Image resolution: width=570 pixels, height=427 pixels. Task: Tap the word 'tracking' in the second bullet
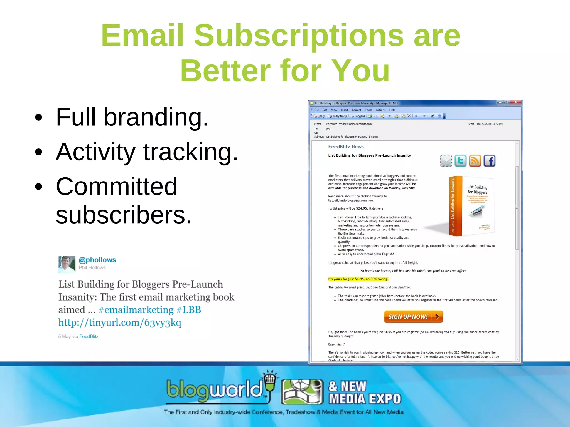click(190, 152)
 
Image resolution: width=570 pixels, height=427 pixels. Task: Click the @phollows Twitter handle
click(97, 260)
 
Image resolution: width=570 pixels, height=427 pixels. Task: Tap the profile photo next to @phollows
click(67, 264)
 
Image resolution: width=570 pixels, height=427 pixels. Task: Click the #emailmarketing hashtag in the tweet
click(136, 310)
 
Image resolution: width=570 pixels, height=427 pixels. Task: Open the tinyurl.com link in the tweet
click(120, 322)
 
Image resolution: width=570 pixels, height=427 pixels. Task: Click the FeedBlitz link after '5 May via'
click(89, 336)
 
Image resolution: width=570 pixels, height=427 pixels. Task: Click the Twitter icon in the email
click(460, 161)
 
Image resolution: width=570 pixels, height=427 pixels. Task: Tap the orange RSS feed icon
click(475, 161)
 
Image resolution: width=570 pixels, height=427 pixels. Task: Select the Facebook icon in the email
click(489, 161)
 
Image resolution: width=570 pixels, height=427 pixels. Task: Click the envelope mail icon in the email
click(446, 161)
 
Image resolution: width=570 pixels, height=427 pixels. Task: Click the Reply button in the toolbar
click(319, 116)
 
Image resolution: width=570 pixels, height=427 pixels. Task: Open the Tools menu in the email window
click(368, 110)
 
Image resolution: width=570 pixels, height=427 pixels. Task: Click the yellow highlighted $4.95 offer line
click(358, 279)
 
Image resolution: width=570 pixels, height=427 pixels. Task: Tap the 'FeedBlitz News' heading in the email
click(346, 147)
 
